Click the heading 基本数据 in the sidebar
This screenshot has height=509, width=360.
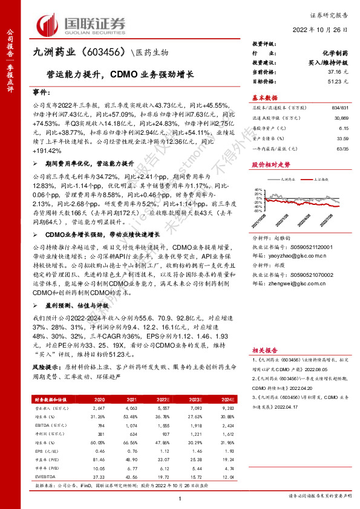tap(264, 97)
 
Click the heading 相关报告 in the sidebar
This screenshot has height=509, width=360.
tap(264, 350)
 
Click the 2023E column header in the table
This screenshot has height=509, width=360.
tap(195, 400)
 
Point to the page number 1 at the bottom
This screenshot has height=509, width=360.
tap(180, 498)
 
